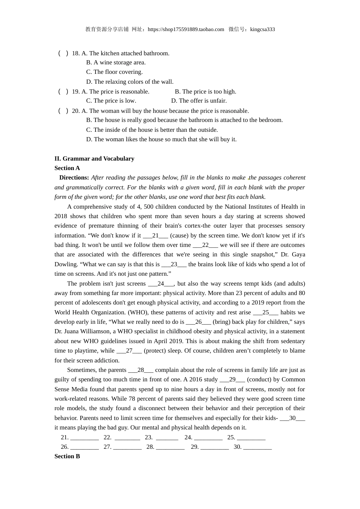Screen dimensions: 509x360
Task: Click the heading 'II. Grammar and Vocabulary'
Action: tap(94, 159)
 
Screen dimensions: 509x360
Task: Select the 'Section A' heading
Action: tap(67, 168)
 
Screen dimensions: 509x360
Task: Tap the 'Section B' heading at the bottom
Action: tap(67, 456)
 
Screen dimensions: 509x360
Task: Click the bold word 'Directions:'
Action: tap(74, 178)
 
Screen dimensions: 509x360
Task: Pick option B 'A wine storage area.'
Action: tap(116, 62)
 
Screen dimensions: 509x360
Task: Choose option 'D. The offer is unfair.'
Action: tap(199, 101)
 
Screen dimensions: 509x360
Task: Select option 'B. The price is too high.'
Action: tap(205, 92)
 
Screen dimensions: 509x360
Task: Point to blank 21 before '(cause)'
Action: tap(155, 236)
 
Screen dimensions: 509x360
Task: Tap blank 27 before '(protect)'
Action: tap(129, 351)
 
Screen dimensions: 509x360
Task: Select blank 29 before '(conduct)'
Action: tap(232, 379)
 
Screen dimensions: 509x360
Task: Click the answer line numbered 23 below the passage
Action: tap(167, 438)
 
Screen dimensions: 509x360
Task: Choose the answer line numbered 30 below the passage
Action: tap(257, 447)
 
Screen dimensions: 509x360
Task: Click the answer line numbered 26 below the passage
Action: tap(85, 447)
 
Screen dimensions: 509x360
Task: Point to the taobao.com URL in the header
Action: tap(186, 30)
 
